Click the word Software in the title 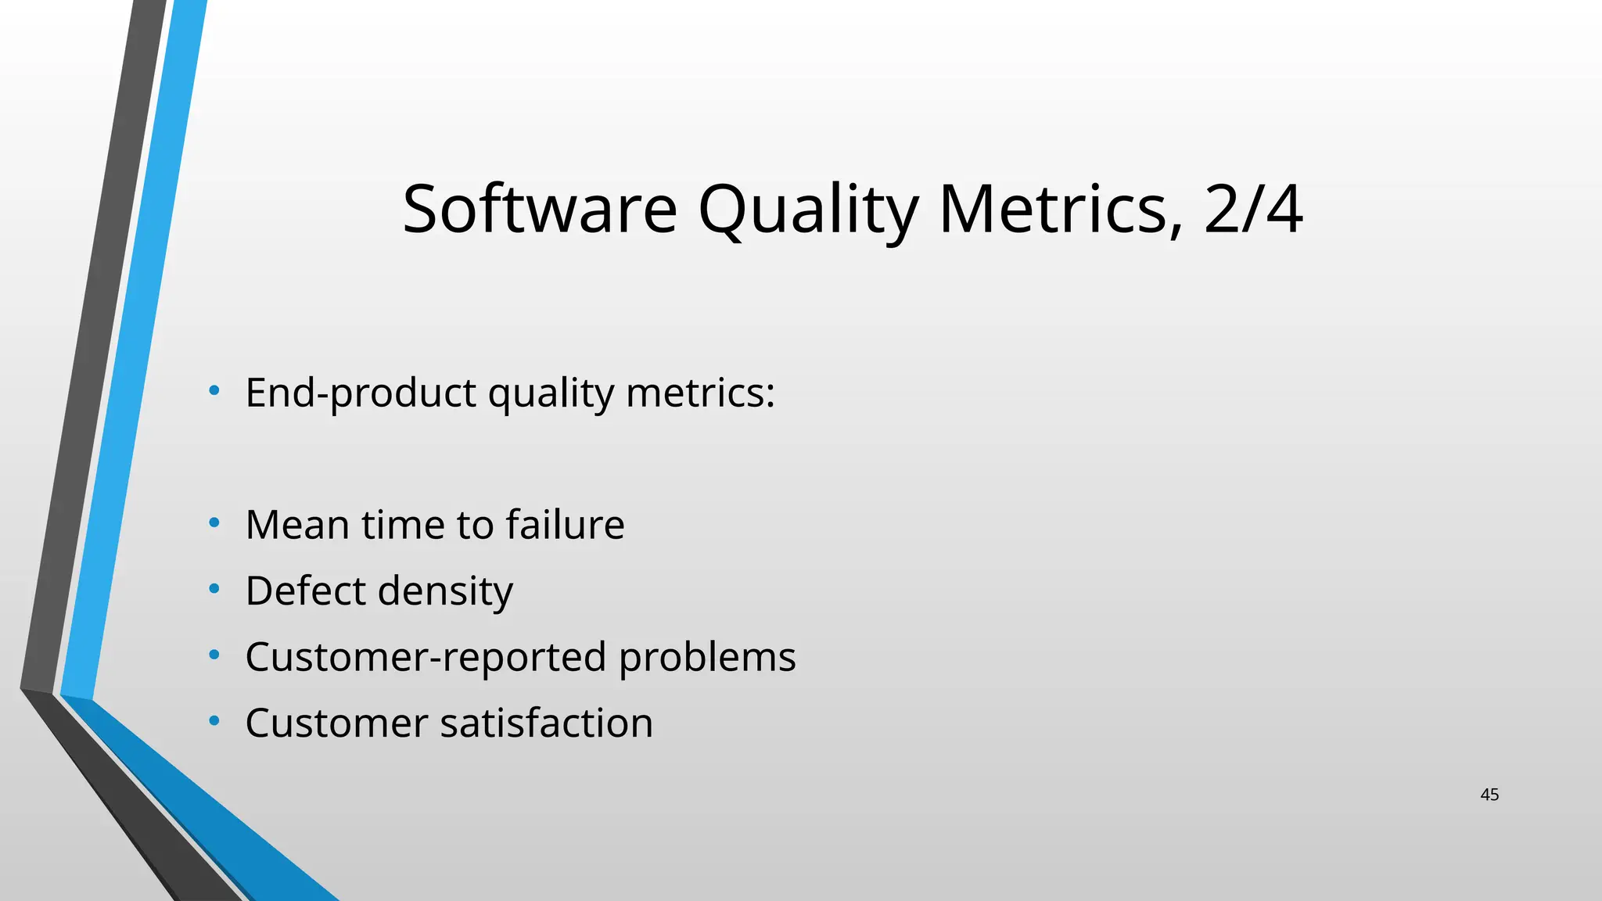tap(539, 209)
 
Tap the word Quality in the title tap(807, 209)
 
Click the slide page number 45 tap(1489, 795)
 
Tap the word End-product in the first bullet tap(360, 393)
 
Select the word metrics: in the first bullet tap(700, 393)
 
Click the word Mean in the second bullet tap(296, 525)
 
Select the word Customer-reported tap(426, 657)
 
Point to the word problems tap(707, 657)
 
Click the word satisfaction tap(546, 723)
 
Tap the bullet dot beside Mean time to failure tap(214, 523)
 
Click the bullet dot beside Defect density tap(214, 589)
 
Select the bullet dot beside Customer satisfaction tap(214, 721)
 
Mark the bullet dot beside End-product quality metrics tap(214, 391)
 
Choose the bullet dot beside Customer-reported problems tap(214, 655)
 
